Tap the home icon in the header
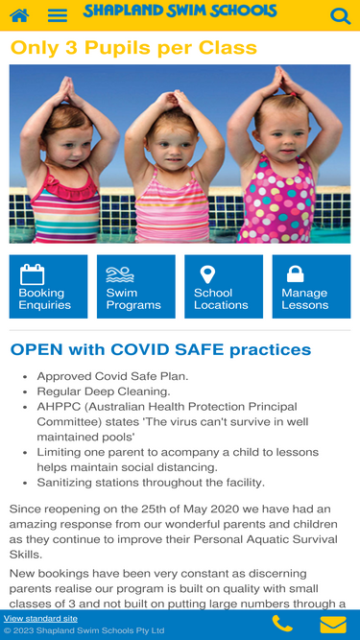tap(19, 15)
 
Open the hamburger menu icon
tap(58, 15)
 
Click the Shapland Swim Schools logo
tap(180, 11)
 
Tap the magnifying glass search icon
tap(340, 16)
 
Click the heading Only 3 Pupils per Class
tap(133, 48)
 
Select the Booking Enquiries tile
tap(48, 287)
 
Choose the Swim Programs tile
tap(136, 287)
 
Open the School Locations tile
tap(224, 287)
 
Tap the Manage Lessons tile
tap(311, 287)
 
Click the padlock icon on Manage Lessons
tap(295, 273)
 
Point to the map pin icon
tap(207, 274)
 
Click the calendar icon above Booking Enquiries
tap(33, 274)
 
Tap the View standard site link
tap(40, 618)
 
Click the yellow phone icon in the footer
tap(282, 624)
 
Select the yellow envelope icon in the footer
tap(333, 625)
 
